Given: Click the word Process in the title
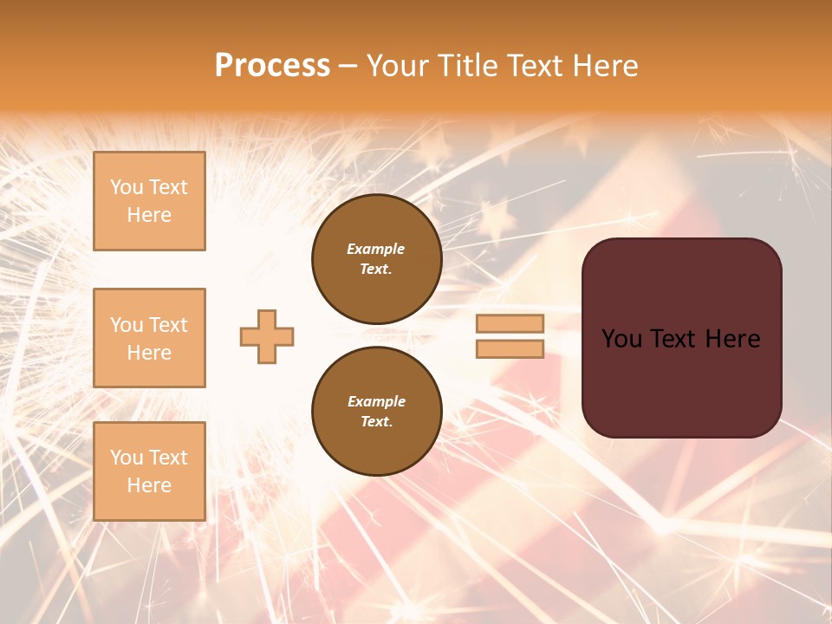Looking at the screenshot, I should [x=272, y=66].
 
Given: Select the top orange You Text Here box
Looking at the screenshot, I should [x=149, y=201].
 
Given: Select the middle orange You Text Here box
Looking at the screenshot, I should [x=149, y=338].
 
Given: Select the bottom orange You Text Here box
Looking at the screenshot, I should [x=149, y=471].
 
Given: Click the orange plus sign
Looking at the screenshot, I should [x=267, y=336].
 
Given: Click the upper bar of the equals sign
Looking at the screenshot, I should [x=510, y=323].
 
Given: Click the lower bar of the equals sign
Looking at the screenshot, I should [x=510, y=348].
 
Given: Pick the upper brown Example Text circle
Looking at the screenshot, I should [x=376, y=259].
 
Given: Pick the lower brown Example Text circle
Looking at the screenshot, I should [x=376, y=411].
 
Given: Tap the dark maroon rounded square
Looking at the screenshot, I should [x=681, y=381].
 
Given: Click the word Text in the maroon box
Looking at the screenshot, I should [x=679, y=339].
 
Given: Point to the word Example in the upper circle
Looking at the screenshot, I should [x=376, y=249].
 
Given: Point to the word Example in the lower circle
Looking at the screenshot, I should [x=376, y=401].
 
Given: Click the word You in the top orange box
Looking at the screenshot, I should [x=127, y=187].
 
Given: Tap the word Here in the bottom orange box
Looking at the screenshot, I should [x=149, y=485].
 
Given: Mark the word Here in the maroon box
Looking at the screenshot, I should [x=732, y=339].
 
